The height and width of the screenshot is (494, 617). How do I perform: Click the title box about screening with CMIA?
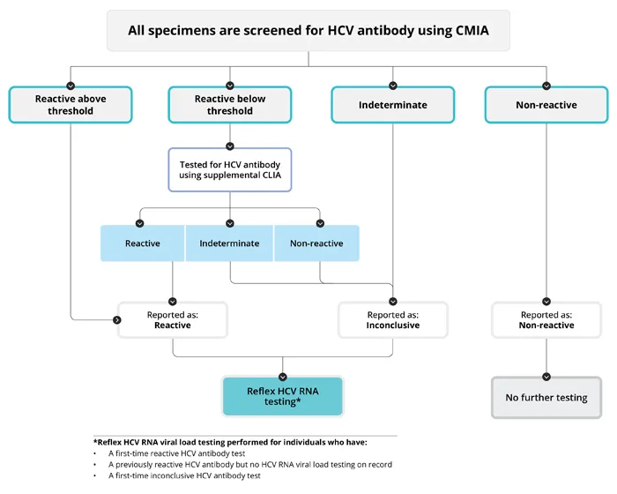308,30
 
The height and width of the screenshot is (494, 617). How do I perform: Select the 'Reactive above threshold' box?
71,105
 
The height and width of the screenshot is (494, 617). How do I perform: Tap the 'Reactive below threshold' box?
229,105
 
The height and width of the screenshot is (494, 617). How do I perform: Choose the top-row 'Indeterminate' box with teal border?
392,105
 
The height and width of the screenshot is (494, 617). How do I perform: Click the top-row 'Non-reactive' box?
546,105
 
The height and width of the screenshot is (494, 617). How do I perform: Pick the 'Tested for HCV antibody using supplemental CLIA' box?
229,170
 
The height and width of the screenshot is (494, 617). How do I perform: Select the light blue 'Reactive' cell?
143,243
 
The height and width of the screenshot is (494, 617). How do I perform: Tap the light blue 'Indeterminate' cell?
229,243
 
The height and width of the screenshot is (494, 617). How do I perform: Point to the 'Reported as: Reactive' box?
173,320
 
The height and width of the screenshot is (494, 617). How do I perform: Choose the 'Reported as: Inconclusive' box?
392,320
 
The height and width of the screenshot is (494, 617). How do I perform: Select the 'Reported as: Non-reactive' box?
546,320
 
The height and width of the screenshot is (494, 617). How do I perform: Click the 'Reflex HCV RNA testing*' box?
282,395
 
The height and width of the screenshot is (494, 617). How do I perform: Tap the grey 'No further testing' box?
546,398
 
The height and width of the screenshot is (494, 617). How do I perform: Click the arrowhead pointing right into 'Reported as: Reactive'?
117,319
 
